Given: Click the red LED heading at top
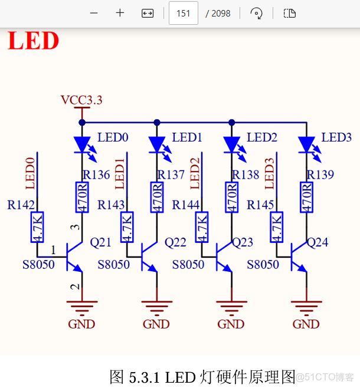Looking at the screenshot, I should (x=33, y=41).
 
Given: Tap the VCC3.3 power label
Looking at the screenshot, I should (x=81, y=100).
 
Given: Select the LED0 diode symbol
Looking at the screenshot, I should (x=82, y=144).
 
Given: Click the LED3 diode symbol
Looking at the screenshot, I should (x=306, y=144).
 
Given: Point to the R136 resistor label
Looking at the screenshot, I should (x=96, y=175).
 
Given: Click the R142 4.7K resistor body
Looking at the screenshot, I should (x=37, y=227).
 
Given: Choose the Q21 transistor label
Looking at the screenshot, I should (x=100, y=242).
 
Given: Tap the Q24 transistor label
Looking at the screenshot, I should (x=318, y=242).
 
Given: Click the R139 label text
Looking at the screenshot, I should (x=320, y=175).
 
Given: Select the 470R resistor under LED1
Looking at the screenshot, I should (x=156, y=198).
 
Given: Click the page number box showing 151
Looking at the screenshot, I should (x=183, y=13).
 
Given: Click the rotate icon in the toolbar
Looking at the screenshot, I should (x=256, y=13).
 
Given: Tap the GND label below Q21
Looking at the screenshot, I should (x=81, y=324).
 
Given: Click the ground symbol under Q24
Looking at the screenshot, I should (x=306, y=307).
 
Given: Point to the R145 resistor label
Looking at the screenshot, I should (x=260, y=205).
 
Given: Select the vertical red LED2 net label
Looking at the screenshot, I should (x=195, y=173).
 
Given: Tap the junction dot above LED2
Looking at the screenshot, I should (x=231, y=123).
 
